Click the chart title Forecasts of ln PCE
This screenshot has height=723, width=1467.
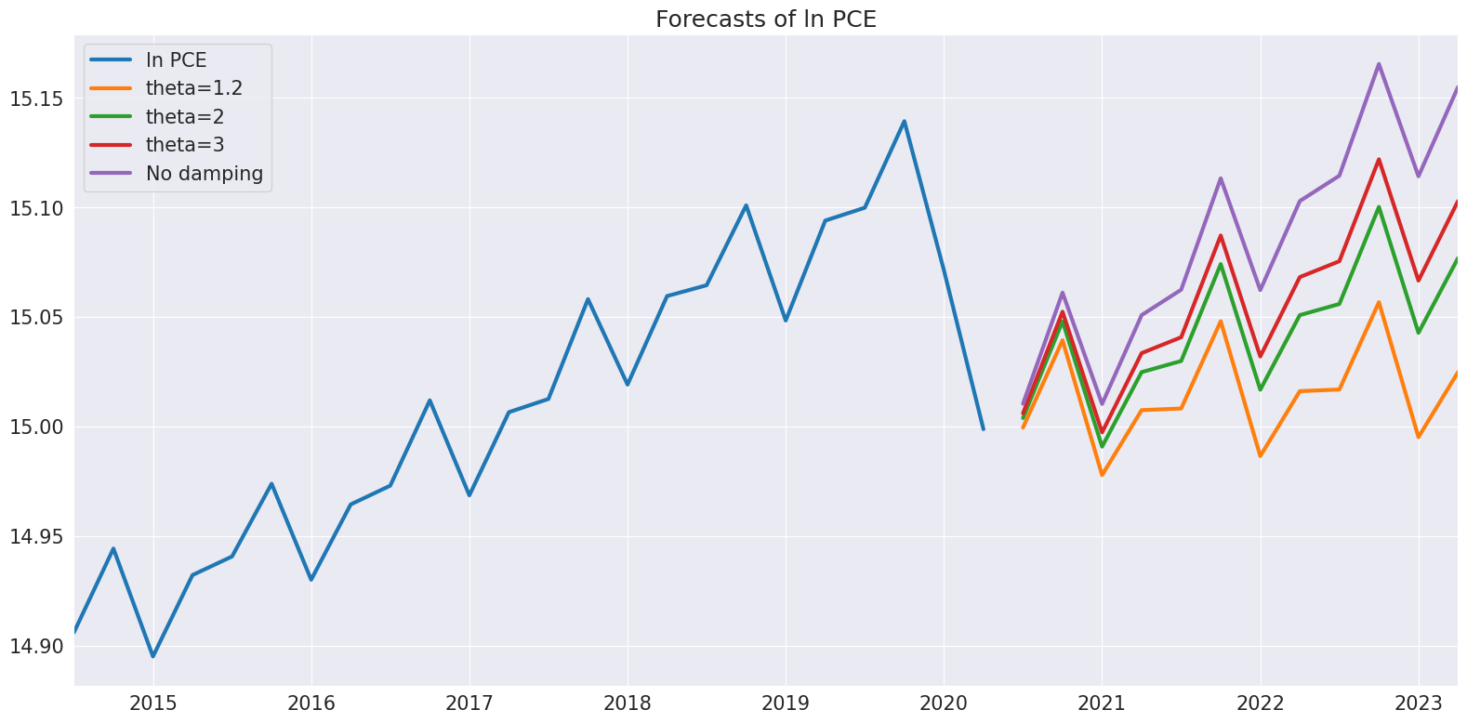pyautogui.click(x=765, y=20)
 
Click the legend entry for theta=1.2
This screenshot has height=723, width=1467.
pyautogui.click(x=193, y=88)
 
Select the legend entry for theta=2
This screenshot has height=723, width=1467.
pyautogui.click(x=184, y=117)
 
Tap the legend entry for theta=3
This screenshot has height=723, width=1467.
pyautogui.click(x=184, y=145)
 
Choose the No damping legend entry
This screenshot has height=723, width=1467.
pyautogui.click(x=204, y=174)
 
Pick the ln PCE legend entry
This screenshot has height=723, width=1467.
pyautogui.click(x=176, y=60)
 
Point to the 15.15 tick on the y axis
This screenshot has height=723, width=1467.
pyautogui.click(x=35, y=99)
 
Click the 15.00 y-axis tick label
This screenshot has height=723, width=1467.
pyautogui.click(x=35, y=427)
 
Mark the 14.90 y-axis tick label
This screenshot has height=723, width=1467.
pyautogui.click(x=35, y=647)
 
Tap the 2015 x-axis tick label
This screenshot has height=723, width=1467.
pyautogui.click(x=153, y=703)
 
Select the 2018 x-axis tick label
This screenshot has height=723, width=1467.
pyautogui.click(x=628, y=703)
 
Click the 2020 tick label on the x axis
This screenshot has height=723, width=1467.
pyautogui.click(x=944, y=703)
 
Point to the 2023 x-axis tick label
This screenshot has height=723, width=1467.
pyautogui.click(x=1419, y=703)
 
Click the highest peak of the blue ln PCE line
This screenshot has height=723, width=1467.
pyautogui.click(x=904, y=121)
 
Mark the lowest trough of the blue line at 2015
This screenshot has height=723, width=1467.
pyautogui.click(x=153, y=656)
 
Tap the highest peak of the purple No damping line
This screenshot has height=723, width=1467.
pyautogui.click(x=1379, y=64)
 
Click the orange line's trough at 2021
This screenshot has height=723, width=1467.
pyautogui.click(x=1103, y=475)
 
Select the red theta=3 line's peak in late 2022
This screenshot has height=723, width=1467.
pyautogui.click(x=1379, y=159)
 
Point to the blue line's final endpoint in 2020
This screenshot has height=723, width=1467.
pyautogui.click(x=983, y=428)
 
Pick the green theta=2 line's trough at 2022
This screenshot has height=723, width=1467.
pyautogui.click(x=1261, y=389)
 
